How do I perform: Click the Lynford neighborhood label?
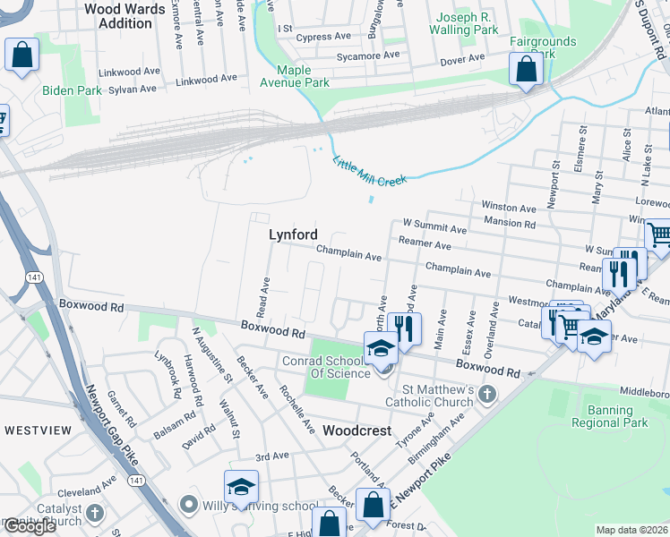click(293, 234)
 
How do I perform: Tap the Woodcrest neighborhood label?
click(356, 430)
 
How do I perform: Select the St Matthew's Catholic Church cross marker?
click(486, 395)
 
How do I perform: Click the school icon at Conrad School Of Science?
click(381, 347)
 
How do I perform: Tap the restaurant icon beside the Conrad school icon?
click(406, 328)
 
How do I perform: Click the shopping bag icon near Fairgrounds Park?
click(526, 69)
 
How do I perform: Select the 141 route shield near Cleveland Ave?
click(135, 481)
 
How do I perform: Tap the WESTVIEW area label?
click(38, 430)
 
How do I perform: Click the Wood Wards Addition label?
click(125, 16)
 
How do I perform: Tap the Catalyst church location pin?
click(94, 514)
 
